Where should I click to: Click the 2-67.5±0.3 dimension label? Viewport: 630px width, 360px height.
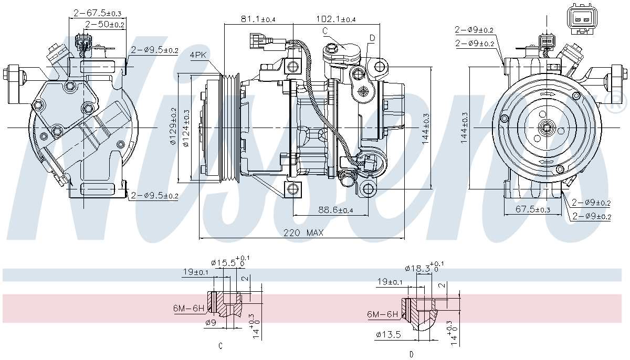(98, 13)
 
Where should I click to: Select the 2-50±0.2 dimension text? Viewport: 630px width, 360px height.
(104, 24)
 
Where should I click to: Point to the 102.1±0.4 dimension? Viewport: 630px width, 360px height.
(336, 19)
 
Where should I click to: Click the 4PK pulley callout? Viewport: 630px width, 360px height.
(198, 55)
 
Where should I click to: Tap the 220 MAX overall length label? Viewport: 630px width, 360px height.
(303, 232)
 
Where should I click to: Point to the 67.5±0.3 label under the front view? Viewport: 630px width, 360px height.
(532, 209)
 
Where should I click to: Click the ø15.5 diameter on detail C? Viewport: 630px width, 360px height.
(227, 262)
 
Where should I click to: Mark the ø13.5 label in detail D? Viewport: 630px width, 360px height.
(388, 333)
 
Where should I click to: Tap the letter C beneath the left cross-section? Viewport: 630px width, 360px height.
(220, 346)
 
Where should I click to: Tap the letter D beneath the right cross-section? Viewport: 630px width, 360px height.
(411, 354)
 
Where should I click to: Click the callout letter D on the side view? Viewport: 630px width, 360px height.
(372, 37)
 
